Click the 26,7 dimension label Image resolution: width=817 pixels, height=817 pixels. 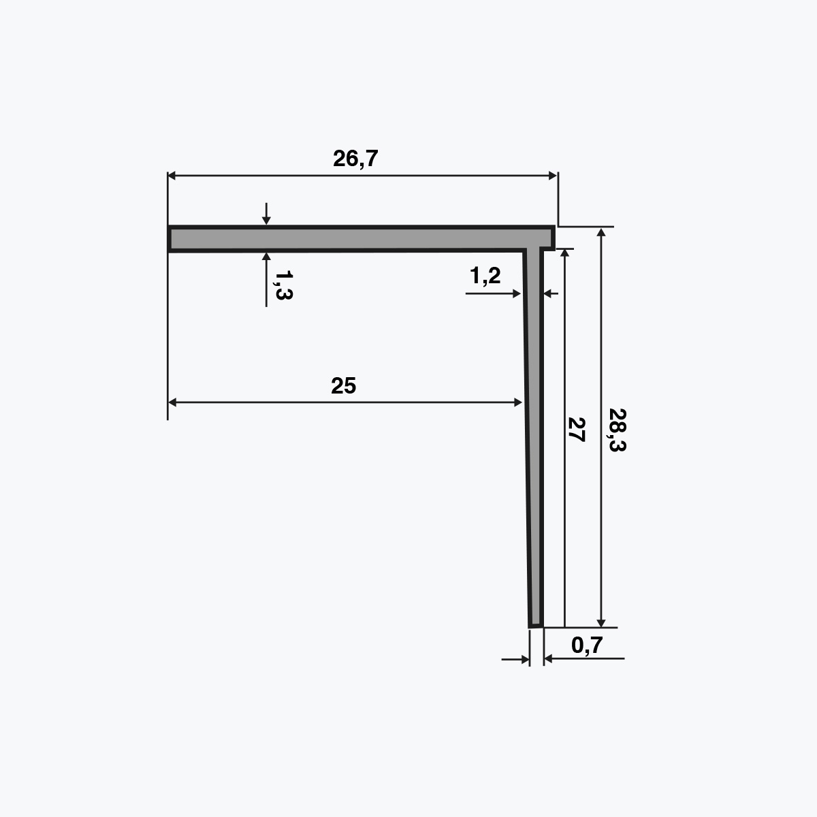[355, 159]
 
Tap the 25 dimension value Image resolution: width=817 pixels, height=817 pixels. [343, 386]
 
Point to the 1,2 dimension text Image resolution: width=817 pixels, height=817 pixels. [485, 276]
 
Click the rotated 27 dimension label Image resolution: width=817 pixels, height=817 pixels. [576, 430]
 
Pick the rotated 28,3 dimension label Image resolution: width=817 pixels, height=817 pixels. [618, 430]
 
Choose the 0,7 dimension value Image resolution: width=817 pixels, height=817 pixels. [587, 645]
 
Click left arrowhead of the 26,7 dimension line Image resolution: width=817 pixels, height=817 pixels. [172, 176]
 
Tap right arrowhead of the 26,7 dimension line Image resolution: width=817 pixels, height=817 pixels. [553, 176]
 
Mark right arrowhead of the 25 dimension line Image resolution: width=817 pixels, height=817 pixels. [517, 402]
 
